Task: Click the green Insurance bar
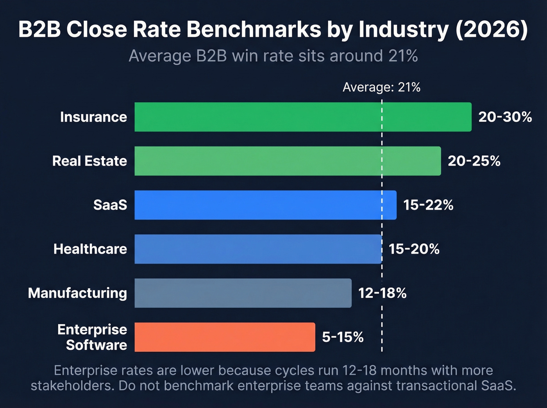pos(303,117)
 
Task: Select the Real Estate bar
pos(288,161)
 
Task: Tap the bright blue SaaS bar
pos(265,205)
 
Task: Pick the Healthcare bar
pos(258,249)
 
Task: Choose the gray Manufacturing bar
pos(243,293)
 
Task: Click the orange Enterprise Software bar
pos(225,337)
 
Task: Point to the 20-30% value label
pos(505,117)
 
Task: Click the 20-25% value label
pos(474,161)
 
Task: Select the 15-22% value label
pos(428,205)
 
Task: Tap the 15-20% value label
pos(414,249)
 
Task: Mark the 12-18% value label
pos(382,293)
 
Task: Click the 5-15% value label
pos(343,337)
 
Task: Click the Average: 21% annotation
pos(381,87)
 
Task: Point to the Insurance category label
pos(93,117)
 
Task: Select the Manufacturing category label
pos(77,293)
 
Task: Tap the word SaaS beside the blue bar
pos(110,205)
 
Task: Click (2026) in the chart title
pos(491,30)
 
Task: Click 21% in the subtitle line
pos(403,56)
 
